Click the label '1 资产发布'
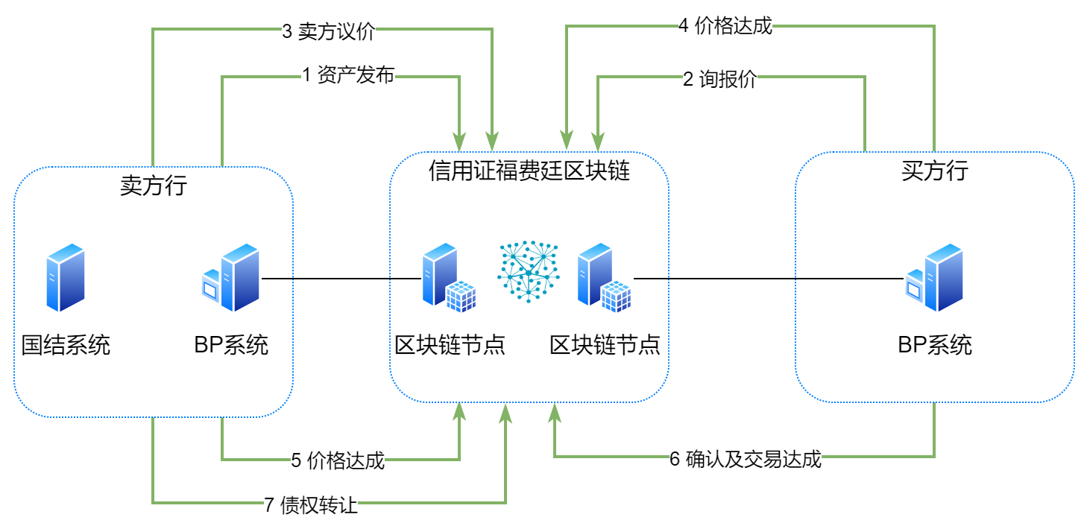tap(347, 75)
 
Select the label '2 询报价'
tap(719, 80)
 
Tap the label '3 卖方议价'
tap(328, 33)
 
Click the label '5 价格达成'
tap(338, 460)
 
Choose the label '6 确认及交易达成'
tap(745, 459)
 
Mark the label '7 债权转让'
tap(311, 506)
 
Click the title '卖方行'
tap(153, 186)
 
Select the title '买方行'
tap(934, 171)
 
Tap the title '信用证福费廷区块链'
tap(529, 172)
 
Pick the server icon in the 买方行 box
tap(935, 278)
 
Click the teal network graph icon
tap(529, 271)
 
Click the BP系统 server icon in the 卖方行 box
tap(232, 278)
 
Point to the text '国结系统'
tap(66, 346)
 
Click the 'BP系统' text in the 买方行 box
tap(935, 346)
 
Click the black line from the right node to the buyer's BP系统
tap(768, 279)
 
